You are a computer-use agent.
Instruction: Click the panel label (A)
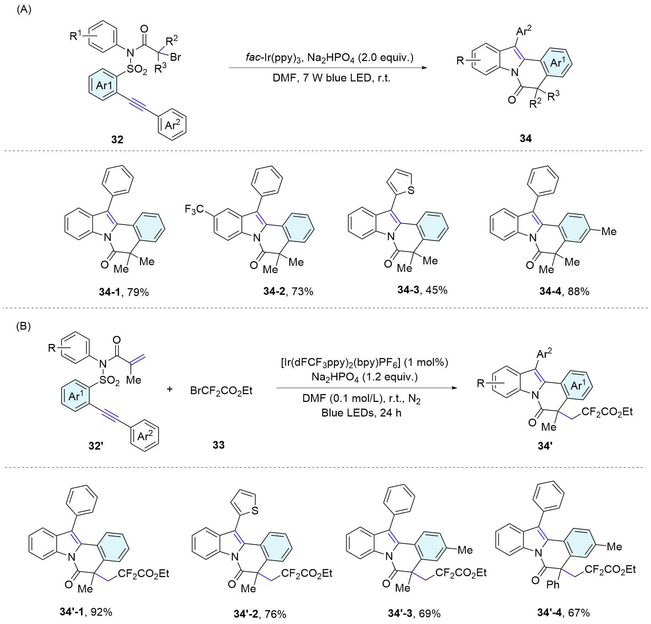tap(24, 10)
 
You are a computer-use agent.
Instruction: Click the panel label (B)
tap(23, 326)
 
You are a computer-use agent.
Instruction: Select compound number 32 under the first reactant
tap(117, 140)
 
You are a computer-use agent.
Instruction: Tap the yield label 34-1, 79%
tap(124, 292)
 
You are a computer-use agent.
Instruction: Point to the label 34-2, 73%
tap(288, 291)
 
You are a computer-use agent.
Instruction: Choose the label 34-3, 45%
tap(422, 290)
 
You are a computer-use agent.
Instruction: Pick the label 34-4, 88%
tap(564, 291)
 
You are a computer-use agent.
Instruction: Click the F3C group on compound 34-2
tap(194, 209)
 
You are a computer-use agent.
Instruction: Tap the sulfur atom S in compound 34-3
tap(411, 190)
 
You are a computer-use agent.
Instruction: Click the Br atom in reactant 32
tap(175, 57)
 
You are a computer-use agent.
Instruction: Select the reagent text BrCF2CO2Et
tap(221, 391)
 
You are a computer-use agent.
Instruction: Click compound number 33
tap(219, 445)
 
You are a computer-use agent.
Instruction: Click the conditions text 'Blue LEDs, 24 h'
tap(361, 413)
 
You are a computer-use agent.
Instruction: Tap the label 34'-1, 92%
tap(86, 612)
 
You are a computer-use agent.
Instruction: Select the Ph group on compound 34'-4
tap(553, 585)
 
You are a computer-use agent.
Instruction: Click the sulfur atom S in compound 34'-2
tap(255, 511)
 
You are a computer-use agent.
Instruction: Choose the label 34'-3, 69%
tap(414, 613)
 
